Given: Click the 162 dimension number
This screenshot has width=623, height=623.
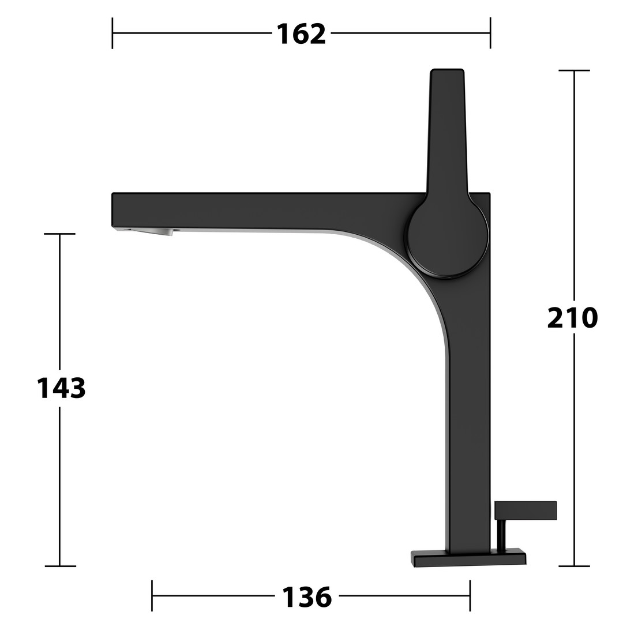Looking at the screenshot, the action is coord(301,34).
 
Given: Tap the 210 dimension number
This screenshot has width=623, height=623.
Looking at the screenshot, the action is coord(573,318).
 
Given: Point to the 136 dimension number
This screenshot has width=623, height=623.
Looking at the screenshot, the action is coord(306,596).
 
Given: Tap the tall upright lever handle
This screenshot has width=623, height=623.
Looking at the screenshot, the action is coord(447,131).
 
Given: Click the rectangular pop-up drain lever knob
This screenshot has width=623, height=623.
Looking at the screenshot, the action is coord(526,511).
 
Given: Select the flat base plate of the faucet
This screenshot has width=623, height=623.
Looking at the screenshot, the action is coord(468,557).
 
